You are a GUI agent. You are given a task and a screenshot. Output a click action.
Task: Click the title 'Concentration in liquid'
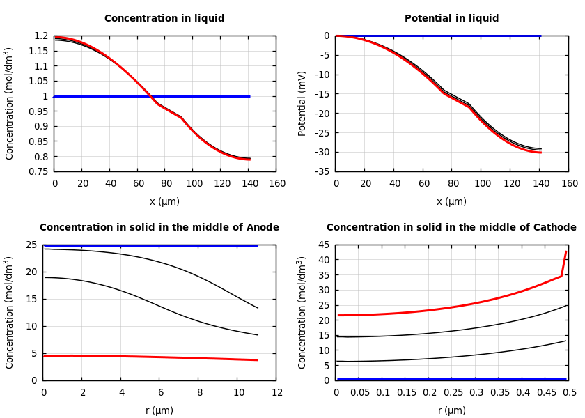coord(164,19)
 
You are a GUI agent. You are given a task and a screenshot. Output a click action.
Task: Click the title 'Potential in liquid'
coord(451,19)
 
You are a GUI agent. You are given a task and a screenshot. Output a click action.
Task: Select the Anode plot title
coord(159,228)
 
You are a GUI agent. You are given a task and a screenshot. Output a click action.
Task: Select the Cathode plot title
coord(451,228)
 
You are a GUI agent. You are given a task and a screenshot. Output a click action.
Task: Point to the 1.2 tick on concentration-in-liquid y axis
coord(41,36)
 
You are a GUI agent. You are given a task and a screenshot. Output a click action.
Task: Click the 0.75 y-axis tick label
coord(38,171)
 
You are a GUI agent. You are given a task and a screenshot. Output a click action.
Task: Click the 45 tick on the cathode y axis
coord(323,245)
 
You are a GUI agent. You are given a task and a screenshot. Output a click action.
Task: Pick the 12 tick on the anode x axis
coord(276,393)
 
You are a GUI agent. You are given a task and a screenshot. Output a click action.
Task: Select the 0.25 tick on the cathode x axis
coord(452,393)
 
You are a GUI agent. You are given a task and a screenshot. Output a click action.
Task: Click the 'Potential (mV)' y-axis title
coord(302,103)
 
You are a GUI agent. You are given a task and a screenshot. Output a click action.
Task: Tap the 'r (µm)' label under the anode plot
coord(159,410)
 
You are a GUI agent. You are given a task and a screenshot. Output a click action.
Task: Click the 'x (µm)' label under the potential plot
coord(451,201)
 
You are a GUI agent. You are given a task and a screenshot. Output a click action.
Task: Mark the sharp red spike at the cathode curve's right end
coord(565,252)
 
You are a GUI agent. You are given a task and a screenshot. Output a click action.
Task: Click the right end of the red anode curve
coord(258,360)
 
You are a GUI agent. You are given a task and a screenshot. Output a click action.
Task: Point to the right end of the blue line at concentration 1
coord(249,96)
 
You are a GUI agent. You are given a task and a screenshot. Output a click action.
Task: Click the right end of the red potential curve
coord(540,152)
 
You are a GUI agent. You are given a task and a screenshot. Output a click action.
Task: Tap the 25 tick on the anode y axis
coord(31,245)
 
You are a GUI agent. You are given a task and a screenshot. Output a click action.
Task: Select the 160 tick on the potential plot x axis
coord(569,184)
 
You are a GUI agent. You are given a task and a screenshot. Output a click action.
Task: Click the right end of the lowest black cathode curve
coord(566,341)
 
